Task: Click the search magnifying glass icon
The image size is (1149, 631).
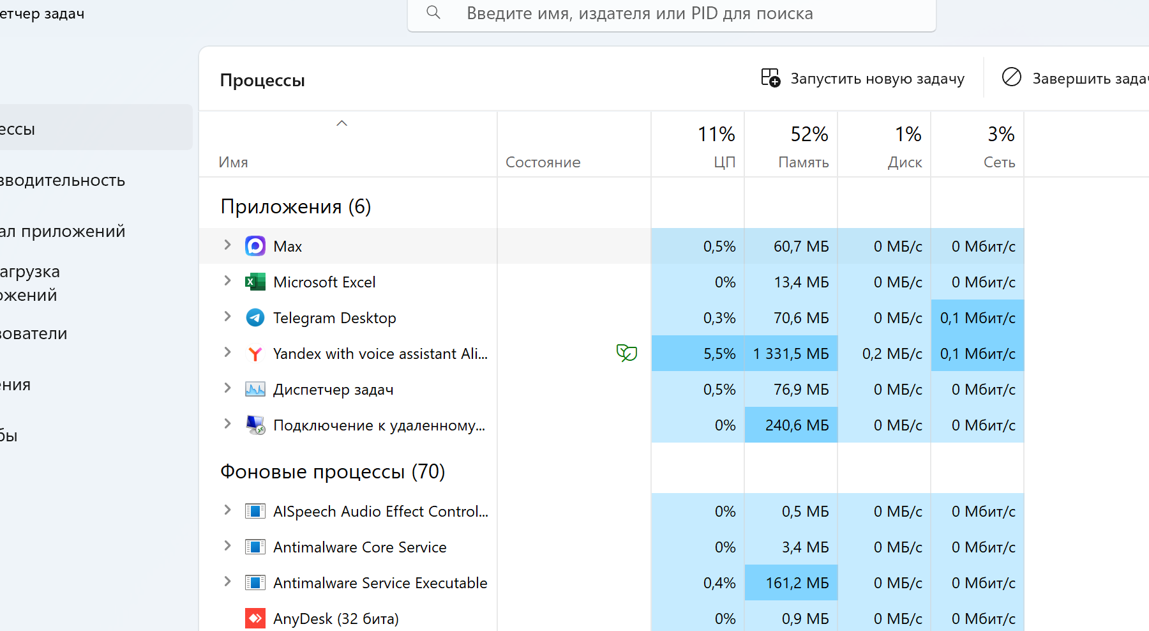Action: (x=433, y=12)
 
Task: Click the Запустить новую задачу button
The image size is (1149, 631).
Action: (x=863, y=79)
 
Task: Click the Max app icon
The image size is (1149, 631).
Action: (x=255, y=246)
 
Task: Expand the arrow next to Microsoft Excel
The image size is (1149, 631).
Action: (x=227, y=280)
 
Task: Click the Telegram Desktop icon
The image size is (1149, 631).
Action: (x=255, y=317)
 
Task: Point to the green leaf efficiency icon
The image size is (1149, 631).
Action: (x=627, y=353)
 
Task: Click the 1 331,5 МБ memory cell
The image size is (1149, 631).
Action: (x=792, y=353)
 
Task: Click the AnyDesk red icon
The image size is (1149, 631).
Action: (x=255, y=618)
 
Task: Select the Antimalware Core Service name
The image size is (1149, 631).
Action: (x=360, y=547)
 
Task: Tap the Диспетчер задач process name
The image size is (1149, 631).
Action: (x=333, y=390)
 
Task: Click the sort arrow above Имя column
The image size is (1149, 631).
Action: (x=342, y=123)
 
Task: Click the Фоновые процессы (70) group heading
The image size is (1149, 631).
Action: (x=333, y=471)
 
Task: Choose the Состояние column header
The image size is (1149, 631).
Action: (x=543, y=162)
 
